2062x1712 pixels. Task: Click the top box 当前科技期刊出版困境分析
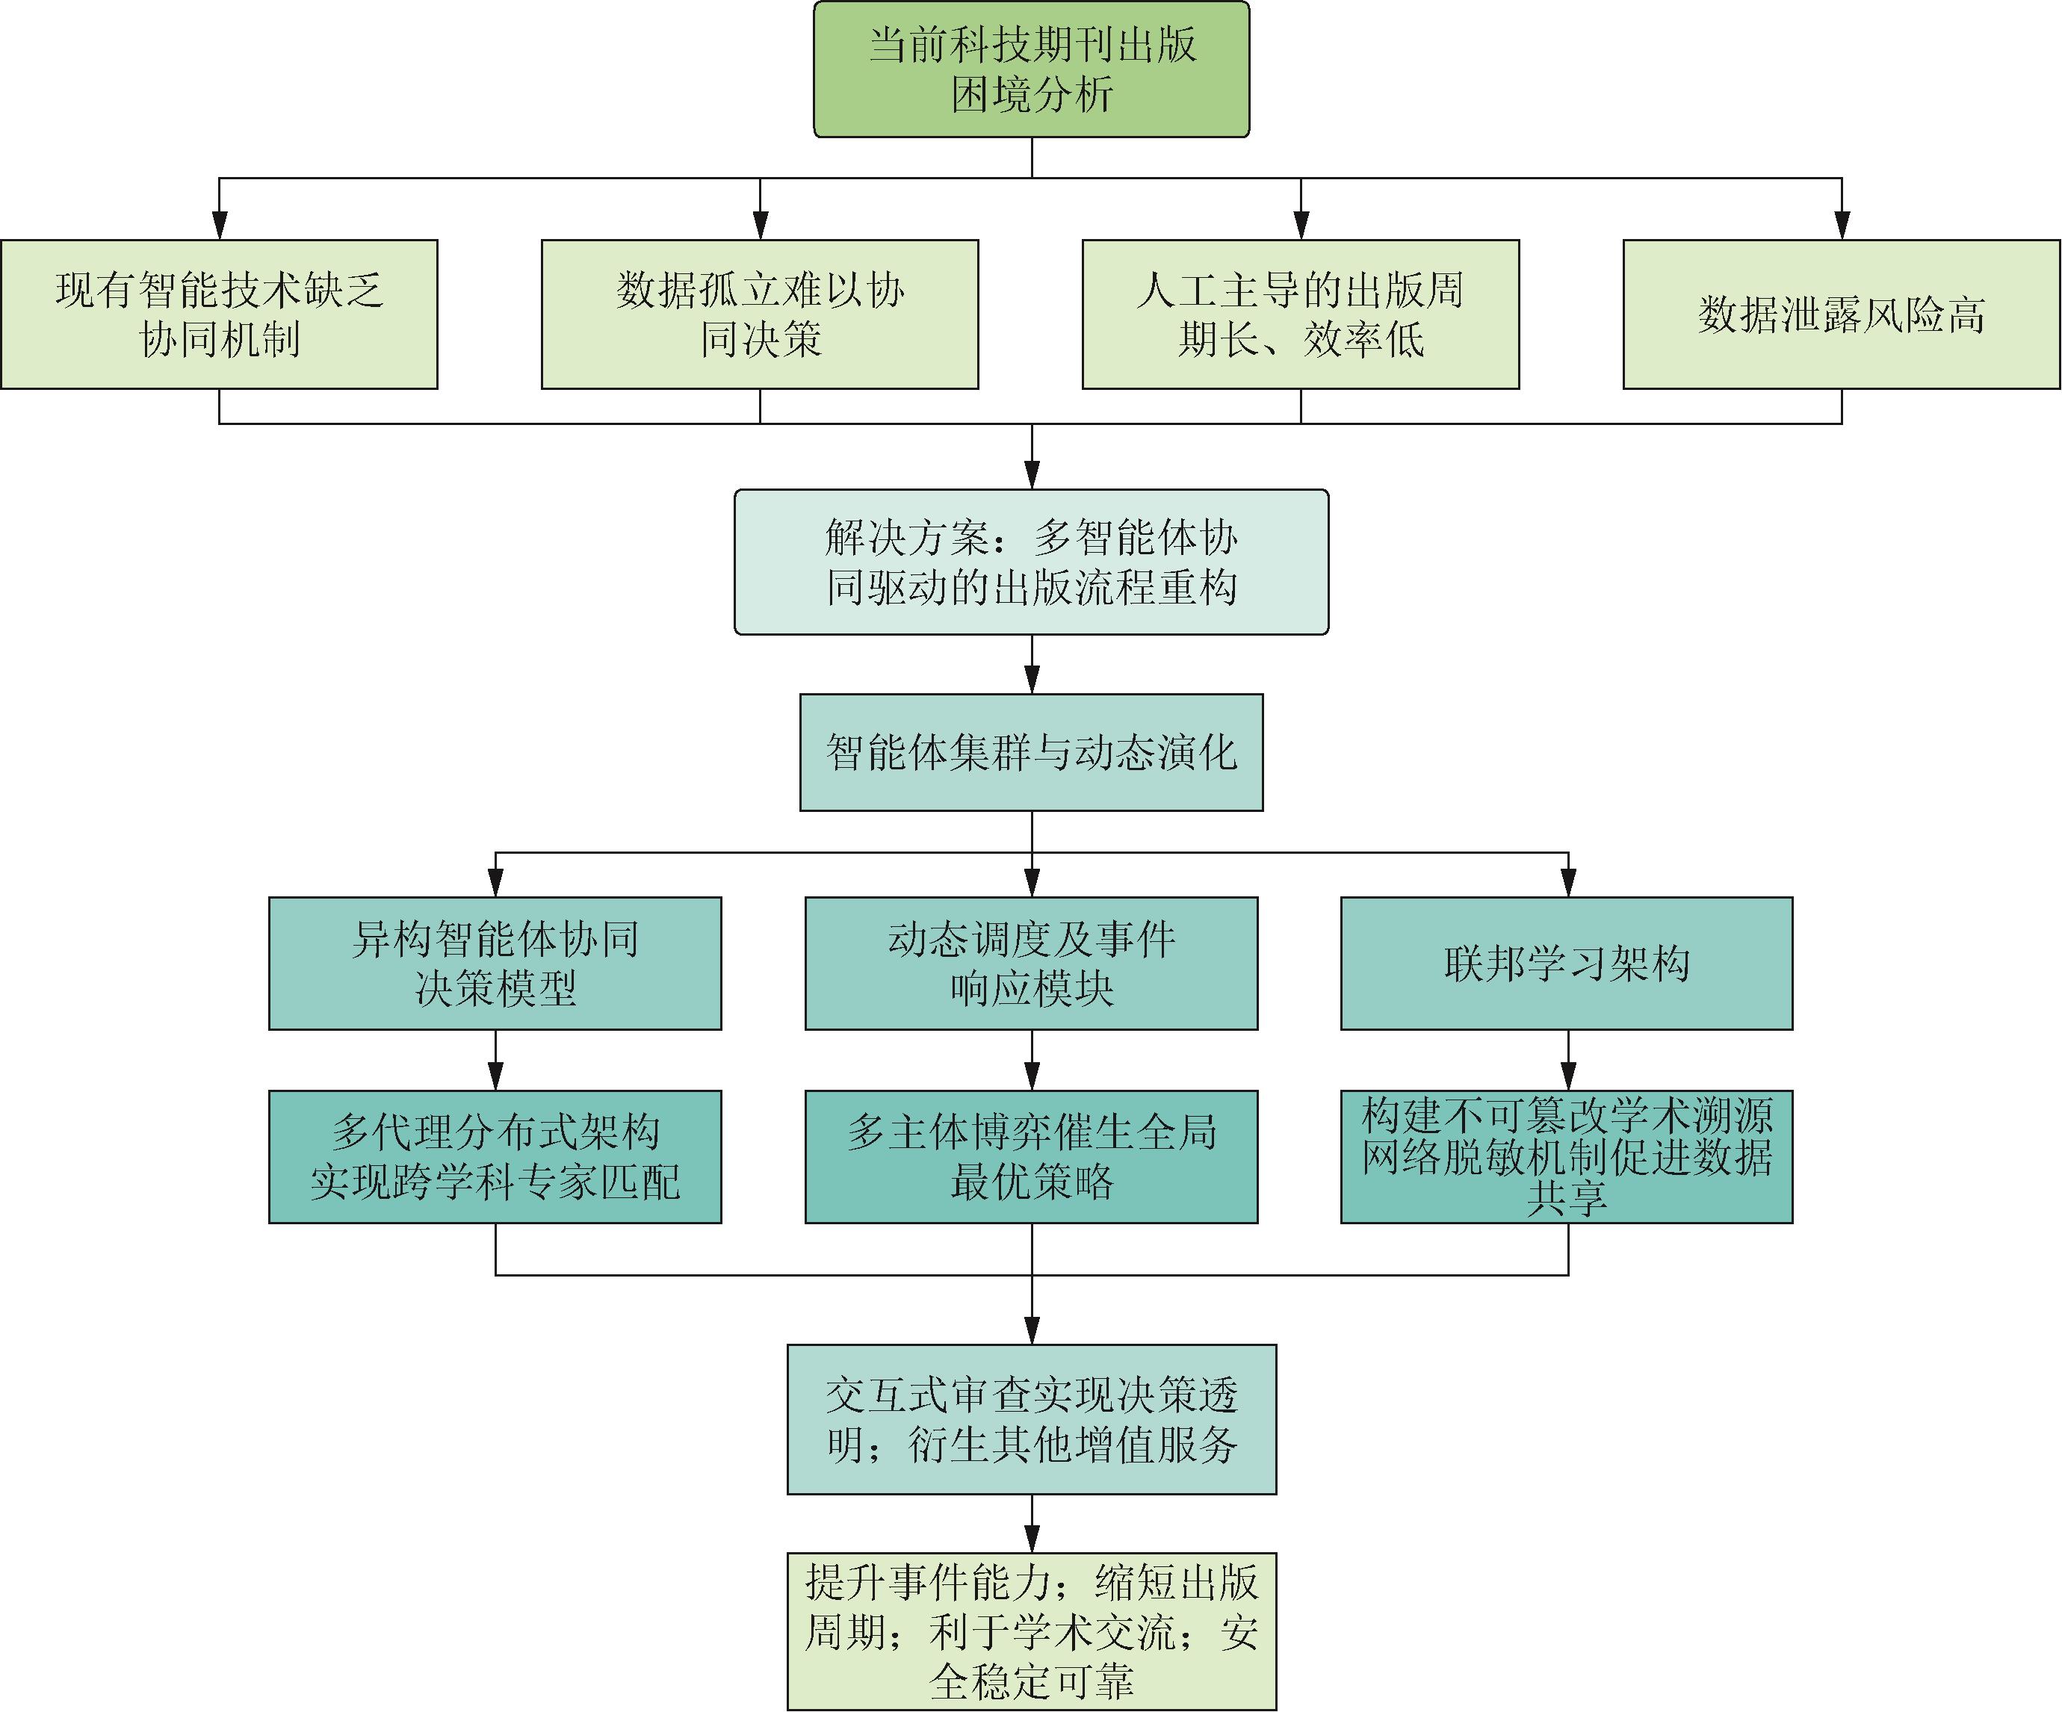tap(1031, 69)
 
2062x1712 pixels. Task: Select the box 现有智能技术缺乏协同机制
tap(219, 314)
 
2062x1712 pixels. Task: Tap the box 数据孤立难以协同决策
tap(759, 314)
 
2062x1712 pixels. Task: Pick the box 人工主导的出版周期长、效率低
tap(1300, 314)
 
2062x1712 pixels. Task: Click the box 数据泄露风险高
tap(1841, 314)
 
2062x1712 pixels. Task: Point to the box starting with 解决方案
tap(1031, 562)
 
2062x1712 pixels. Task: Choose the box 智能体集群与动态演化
tap(1031, 752)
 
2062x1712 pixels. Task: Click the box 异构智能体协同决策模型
tap(495, 963)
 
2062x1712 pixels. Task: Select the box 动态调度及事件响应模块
tap(1031, 963)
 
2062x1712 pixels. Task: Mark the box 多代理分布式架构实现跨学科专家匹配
tap(495, 1156)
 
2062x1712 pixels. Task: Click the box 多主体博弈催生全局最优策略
tap(1031, 1156)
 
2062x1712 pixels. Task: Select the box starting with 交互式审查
tap(1031, 1418)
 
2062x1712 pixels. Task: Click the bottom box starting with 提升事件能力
tap(1031, 1631)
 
